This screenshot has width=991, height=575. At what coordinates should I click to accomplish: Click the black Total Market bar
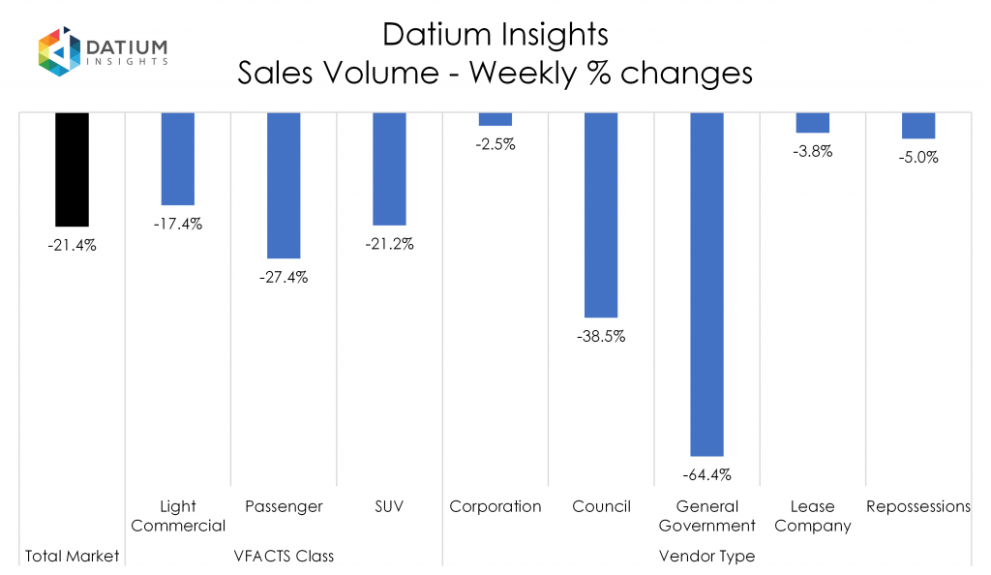tap(72, 169)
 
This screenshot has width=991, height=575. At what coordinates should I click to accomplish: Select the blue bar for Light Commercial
tap(177, 159)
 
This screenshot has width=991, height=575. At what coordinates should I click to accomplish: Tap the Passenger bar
tap(284, 185)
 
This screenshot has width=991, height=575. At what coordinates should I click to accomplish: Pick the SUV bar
tap(389, 168)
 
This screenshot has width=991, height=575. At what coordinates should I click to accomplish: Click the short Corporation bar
tap(495, 119)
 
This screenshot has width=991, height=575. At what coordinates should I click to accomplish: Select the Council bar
tap(601, 215)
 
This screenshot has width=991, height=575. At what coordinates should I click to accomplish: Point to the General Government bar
tap(706, 284)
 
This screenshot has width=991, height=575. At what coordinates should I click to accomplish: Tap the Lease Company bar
tap(813, 123)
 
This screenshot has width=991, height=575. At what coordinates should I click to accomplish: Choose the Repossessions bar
tap(918, 126)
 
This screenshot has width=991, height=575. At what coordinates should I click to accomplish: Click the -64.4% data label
tap(706, 474)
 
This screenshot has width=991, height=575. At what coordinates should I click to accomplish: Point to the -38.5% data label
tap(601, 337)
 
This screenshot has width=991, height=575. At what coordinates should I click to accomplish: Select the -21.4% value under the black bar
tap(72, 245)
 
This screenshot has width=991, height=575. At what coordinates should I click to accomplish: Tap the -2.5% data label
tap(495, 145)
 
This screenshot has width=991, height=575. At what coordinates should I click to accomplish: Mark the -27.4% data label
tap(284, 277)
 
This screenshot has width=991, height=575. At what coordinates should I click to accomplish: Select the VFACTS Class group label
tap(284, 556)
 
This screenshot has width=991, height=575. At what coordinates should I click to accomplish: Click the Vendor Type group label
tap(706, 556)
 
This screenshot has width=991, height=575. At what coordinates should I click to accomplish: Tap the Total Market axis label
tap(72, 556)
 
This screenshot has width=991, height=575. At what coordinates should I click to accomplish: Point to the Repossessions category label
tap(918, 506)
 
